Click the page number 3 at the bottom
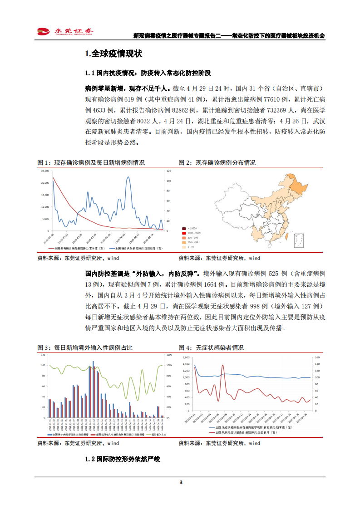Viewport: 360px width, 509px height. click(181, 482)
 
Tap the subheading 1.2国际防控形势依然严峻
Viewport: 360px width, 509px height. click(123, 459)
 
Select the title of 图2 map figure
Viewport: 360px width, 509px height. click(217, 162)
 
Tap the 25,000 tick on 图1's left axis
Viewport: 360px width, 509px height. click(44, 171)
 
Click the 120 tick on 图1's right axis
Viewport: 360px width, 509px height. click(168, 171)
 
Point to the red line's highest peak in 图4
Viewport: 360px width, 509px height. click(222, 365)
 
